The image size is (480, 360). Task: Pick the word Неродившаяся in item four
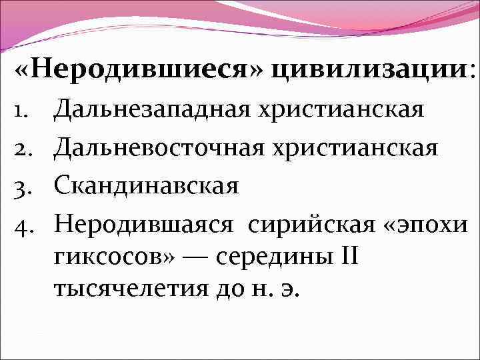point(144,223)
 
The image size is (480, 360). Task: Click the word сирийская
point(307,223)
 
